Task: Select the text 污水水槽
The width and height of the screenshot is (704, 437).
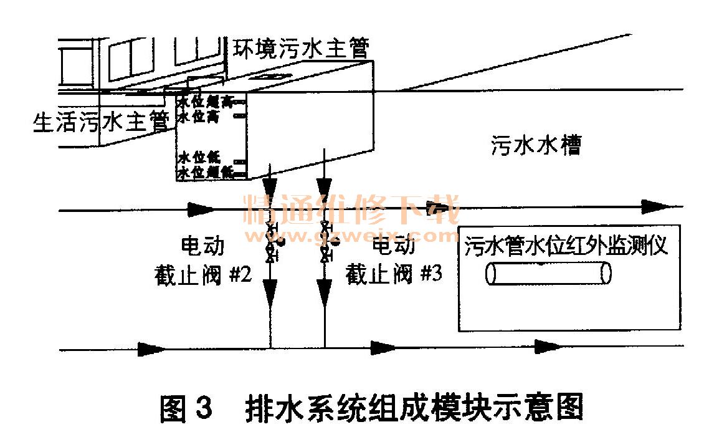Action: point(535,146)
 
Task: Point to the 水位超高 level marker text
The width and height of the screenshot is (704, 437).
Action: point(205,101)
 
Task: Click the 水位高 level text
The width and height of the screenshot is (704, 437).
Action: point(201,116)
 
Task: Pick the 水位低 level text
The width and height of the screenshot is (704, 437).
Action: point(201,157)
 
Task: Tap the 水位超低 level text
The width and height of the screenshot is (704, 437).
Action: point(205,172)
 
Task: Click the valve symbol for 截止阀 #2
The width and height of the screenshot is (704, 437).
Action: point(270,239)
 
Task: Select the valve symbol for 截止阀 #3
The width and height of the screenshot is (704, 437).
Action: point(325,239)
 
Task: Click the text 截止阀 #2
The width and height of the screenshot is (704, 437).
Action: point(202,274)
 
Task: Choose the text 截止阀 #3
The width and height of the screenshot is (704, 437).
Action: point(394,274)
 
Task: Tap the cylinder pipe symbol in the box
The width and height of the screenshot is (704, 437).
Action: point(548,274)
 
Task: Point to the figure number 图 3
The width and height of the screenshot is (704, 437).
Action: point(186,408)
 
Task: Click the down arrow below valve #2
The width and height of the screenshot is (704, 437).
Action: point(270,289)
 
